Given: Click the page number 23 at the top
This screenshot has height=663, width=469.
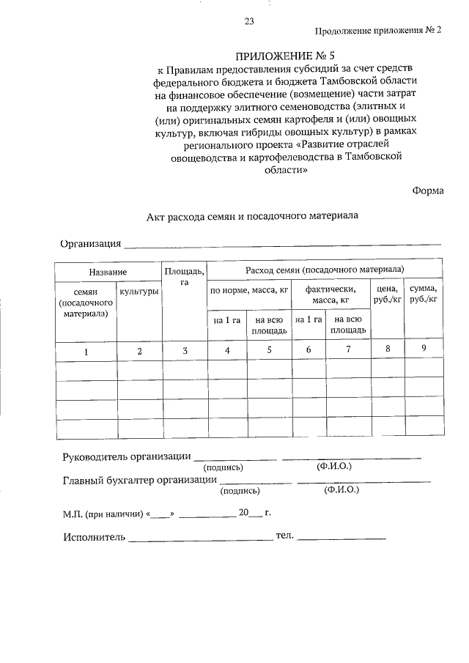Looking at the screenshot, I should [249, 22].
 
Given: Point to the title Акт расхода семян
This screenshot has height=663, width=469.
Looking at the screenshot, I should [251, 218].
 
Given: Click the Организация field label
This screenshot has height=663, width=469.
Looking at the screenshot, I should [90, 244].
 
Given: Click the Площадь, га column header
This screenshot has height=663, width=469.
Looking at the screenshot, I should [185, 276].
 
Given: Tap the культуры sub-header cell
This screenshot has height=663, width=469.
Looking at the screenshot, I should [139, 292].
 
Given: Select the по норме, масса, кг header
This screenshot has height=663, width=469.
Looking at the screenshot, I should [249, 291].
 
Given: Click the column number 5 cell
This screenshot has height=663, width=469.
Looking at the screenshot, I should [269, 350].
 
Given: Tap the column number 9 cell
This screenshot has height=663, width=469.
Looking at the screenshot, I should [424, 348].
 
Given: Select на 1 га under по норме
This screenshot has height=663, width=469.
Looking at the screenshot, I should [227, 320].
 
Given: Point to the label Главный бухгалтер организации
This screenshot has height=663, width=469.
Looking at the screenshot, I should [139, 480].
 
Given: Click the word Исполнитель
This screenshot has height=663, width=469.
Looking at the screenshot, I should [94, 537].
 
